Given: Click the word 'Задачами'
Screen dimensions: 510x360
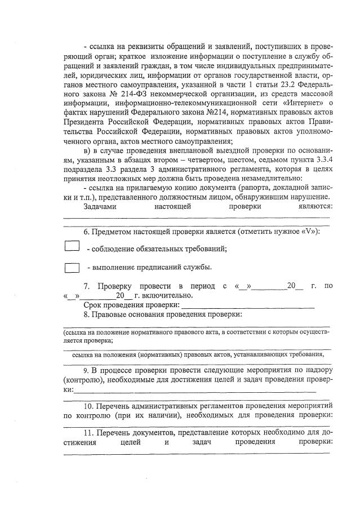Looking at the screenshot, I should point(100,206).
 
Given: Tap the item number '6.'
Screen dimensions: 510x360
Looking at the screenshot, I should point(86,232).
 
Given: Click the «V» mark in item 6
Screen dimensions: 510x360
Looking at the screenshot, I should point(308,232).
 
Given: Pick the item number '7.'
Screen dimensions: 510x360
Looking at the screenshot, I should point(86,286).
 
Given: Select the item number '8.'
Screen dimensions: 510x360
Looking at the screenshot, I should point(86,314).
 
